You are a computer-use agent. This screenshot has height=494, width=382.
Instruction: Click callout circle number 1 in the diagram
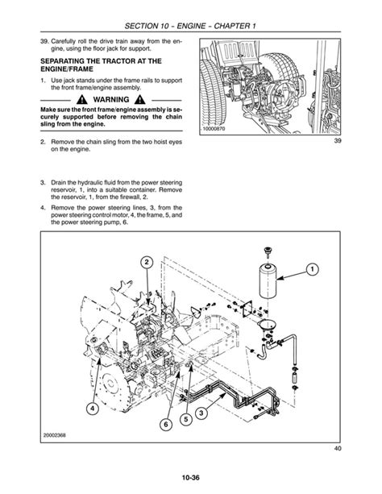click(x=312, y=269)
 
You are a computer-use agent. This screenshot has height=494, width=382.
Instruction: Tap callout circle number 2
click(x=147, y=263)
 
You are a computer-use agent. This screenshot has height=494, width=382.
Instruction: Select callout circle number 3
click(x=201, y=413)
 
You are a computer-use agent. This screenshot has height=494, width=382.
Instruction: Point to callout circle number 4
click(x=92, y=409)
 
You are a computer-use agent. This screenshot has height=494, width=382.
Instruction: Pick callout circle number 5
click(x=185, y=419)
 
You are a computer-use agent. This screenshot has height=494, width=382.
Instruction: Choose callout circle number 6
click(x=166, y=425)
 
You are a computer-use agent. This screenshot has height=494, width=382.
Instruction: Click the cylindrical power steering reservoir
click(x=268, y=281)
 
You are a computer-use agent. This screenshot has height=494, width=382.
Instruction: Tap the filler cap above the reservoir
click(x=268, y=252)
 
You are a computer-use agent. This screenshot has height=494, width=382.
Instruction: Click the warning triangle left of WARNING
click(x=82, y=100)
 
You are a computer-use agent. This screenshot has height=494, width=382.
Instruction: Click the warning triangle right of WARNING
click(x=139, y=100)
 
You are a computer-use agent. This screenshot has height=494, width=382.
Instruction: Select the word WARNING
click(x=111, y=100)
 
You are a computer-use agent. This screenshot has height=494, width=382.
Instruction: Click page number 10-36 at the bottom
click(x=191, y=478)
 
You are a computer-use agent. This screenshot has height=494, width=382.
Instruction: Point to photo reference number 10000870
click(x=214, y=129)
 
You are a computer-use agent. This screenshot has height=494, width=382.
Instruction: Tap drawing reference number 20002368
click(x=55, y=435)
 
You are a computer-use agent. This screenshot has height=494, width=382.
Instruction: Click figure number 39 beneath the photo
click(x=337, y=140)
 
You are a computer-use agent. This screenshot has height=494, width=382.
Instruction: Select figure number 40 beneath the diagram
click(x=337, y=448)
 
